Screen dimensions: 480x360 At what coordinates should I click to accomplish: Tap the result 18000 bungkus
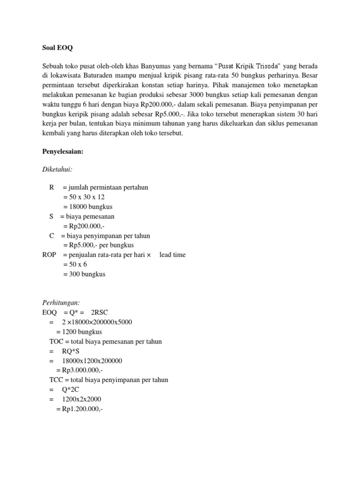(x=88, y=207)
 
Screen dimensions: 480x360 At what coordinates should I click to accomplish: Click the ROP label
(x=50, y=255)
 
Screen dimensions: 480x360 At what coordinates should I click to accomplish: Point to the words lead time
(x=172, y=255)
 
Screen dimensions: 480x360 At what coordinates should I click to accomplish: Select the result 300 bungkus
(x=84, y=274)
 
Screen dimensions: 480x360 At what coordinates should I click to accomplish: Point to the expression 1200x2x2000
(x=82, y=399)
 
